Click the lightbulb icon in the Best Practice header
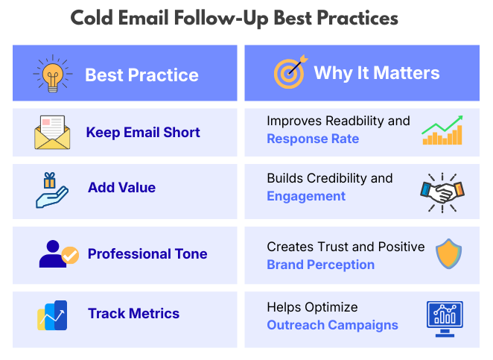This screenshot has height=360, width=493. [53, 73]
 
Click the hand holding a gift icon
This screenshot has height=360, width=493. [51, 189]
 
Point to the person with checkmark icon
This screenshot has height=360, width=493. [57, 254]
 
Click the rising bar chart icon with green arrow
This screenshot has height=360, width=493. [442, 130]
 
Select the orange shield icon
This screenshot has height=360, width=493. [448, 253]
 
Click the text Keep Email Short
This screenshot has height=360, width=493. [143, 133]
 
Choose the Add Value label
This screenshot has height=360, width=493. [121, 188]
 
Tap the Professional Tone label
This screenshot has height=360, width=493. [147, 254]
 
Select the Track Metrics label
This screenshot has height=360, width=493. [133, 314]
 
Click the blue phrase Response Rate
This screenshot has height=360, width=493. [313, 139]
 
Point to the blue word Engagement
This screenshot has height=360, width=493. [306, 197]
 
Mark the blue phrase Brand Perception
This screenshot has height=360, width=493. [321, 265]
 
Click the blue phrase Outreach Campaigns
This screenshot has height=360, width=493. [332, 325]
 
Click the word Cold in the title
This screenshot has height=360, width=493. [94, 18]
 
